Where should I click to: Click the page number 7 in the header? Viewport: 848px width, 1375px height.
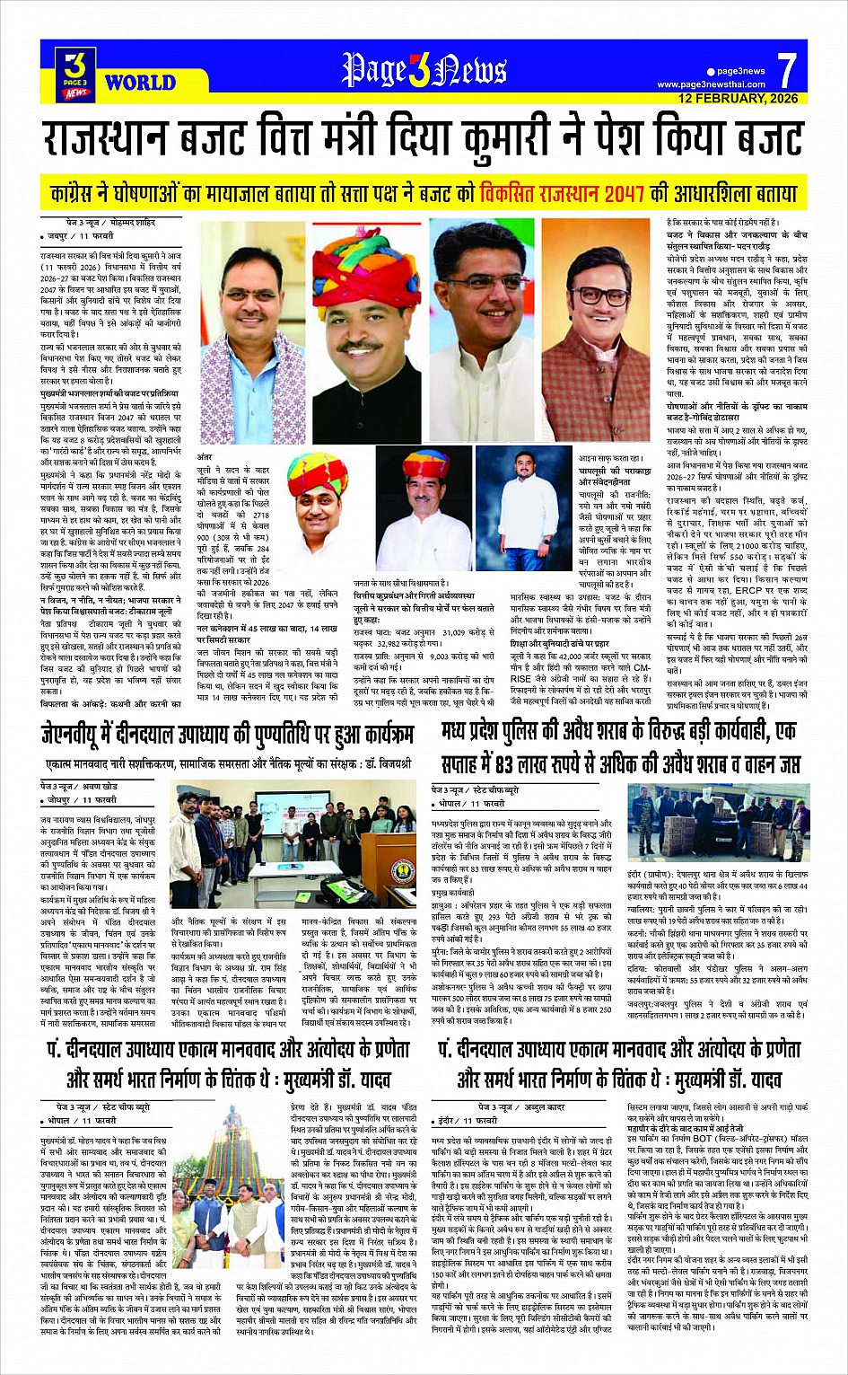[787, 68]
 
